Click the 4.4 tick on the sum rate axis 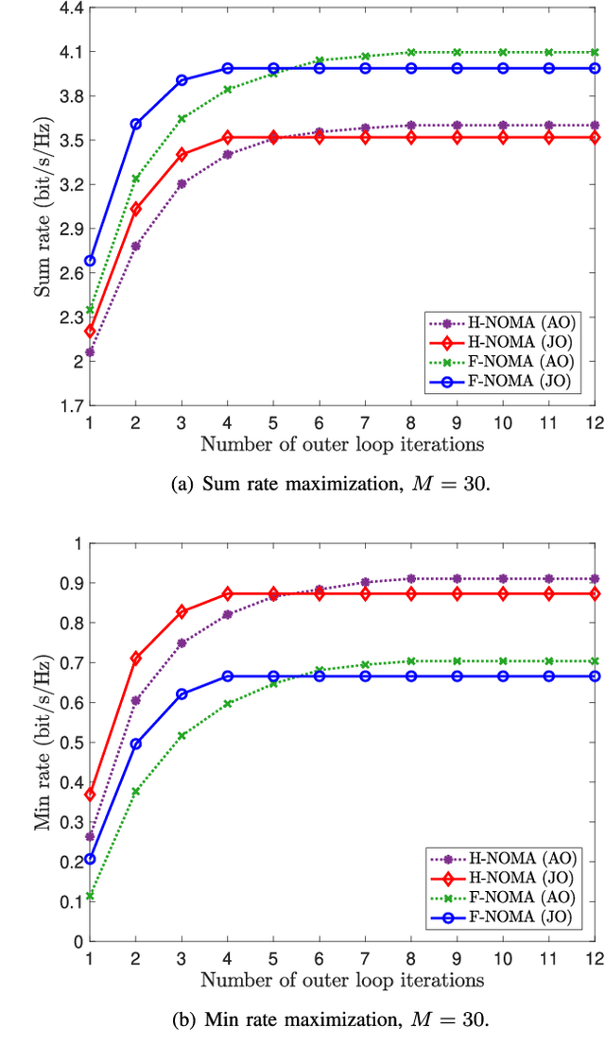point(71,8)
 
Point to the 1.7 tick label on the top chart point(71,405)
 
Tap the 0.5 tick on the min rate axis point(71,742)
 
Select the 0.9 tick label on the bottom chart point(71,583)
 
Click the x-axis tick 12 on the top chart point(594,420)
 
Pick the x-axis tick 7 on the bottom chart point(365,956)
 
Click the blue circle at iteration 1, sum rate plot point(90,261)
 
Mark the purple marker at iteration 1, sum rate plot point(90,352)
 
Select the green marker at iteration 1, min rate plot point(90,896)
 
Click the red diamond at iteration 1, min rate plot point(90,795)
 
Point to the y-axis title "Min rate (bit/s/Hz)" point(43,743)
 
